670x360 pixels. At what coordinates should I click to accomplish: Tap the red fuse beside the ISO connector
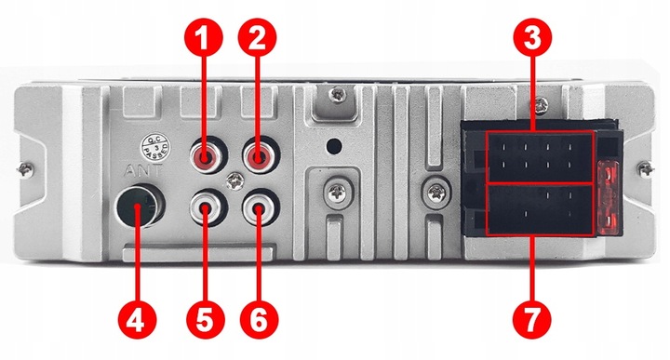(610, 195)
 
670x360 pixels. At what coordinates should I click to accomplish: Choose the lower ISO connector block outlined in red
(540, 210)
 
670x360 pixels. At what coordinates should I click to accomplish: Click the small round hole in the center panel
(332, 146)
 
